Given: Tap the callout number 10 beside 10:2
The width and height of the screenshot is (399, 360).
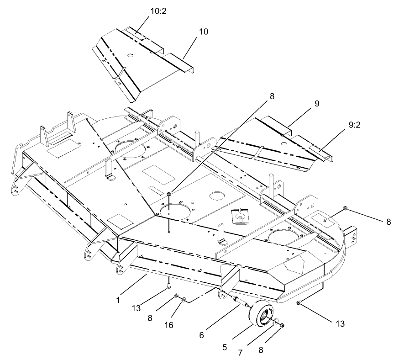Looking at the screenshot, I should point(203,32).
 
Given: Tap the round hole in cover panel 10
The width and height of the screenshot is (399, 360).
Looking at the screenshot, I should point(130,56).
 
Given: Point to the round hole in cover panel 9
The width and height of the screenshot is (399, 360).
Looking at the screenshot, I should point(284,144).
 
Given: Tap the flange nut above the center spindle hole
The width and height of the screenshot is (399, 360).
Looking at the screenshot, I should point(169,194).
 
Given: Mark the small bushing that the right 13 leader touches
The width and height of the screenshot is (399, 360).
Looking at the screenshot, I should point(299,303).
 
